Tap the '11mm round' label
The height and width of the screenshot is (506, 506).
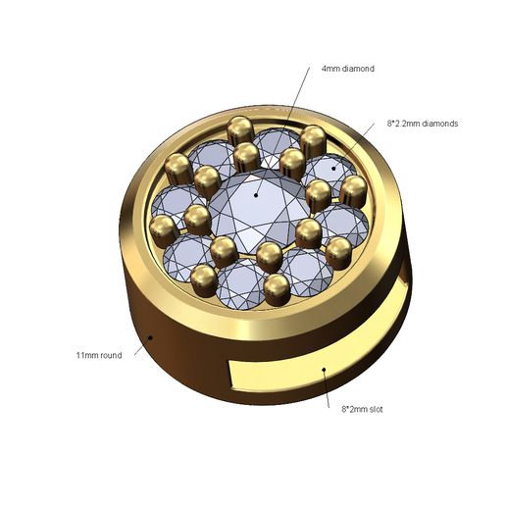99,354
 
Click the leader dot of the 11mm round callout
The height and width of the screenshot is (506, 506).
150,336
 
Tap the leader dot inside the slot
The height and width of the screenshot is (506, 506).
324,371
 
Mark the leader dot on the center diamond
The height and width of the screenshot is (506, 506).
256,194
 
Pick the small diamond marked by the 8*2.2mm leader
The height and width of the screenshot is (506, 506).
333,169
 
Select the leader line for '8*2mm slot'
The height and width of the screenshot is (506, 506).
327,387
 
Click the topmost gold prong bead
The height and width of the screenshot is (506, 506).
237,127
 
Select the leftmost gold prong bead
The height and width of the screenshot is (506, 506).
162,232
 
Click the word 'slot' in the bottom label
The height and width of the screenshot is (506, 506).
373,408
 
